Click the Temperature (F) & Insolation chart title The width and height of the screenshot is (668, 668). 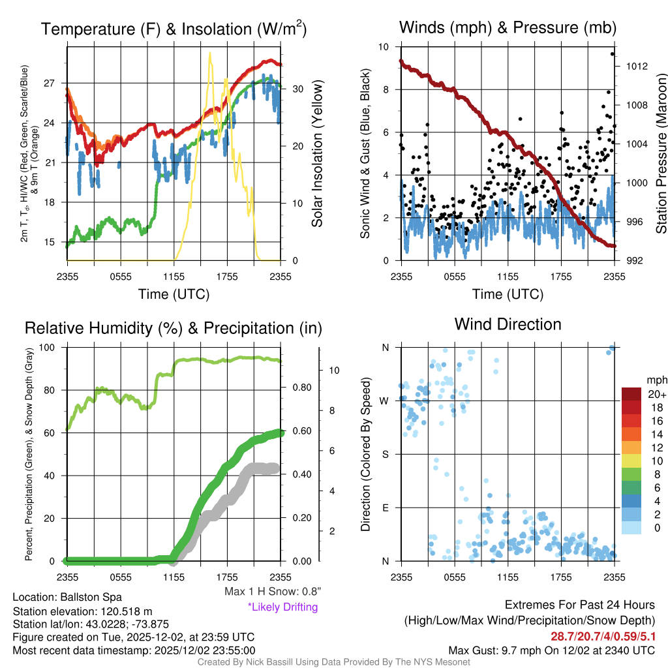click(174, 29)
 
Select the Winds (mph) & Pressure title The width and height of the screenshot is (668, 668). click(508, 27)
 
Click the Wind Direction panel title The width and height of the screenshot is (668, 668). click(508, 324)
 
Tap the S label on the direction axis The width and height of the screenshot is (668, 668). click(386, 454)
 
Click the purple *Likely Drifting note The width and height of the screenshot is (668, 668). click(282, 607)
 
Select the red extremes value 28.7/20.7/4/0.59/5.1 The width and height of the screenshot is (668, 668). click(603, 635)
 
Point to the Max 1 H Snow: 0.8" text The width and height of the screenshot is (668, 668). click(272, 592)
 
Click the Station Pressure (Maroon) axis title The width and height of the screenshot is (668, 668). click(660, 154)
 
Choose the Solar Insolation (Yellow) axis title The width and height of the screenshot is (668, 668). click(318, 154)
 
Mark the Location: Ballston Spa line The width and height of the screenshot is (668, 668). click(67, 597)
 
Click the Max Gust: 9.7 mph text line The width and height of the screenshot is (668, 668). click(552, 650)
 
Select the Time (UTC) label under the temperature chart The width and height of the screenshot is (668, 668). click(174, 294)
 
